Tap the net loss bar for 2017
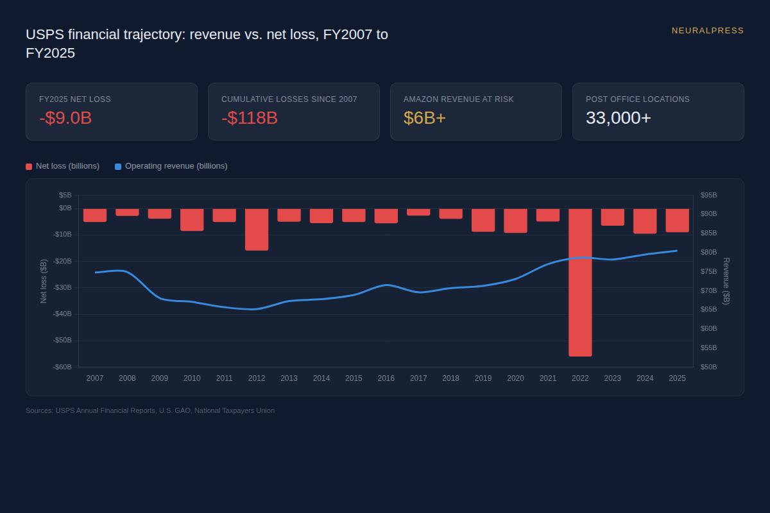pos(418,212)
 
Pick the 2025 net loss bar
pos(677,220)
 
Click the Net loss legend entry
pos(63,166)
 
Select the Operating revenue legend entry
pos(171,166)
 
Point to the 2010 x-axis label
pos(192,378)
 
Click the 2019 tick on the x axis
pos(483,378)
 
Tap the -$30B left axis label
pos(62,287)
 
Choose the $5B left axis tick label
pos(65,195)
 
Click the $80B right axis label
pos(708,252)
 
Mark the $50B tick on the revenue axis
pos(708,367)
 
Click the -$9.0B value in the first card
pos(65,118)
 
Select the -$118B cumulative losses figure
pos(250,118)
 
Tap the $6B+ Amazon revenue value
pos(424,118)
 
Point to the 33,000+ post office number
pos(618,118)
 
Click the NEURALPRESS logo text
pos(707,31)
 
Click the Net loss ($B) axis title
pos(44,281)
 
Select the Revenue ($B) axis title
pos(726,281)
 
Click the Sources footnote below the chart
pos(150,410)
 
